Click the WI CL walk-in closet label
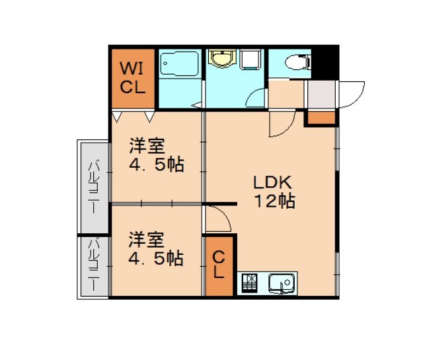(x=132, y=77)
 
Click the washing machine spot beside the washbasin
(x=250, y=60)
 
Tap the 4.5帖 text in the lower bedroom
(x=155, y=258)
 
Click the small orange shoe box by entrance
(x=321, y=118)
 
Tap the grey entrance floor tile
(x=323, y=96)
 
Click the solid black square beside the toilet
(x=325, y=60)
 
